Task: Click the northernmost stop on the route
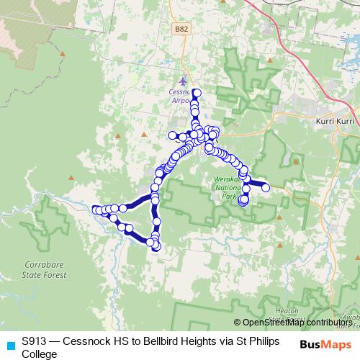pos(196,92)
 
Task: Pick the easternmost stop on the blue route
pos(266,187)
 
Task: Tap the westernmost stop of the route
pos(96,210)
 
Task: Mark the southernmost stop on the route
pos(156,248)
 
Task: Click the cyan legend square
pos(9,344)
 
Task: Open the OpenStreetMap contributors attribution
pos(297,323)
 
